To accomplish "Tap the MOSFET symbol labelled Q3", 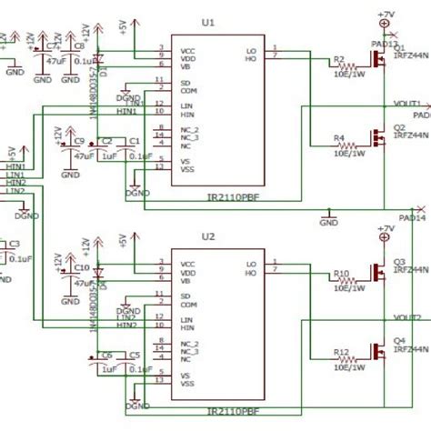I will point(376,271).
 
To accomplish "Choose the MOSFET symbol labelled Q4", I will point(376,350).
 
